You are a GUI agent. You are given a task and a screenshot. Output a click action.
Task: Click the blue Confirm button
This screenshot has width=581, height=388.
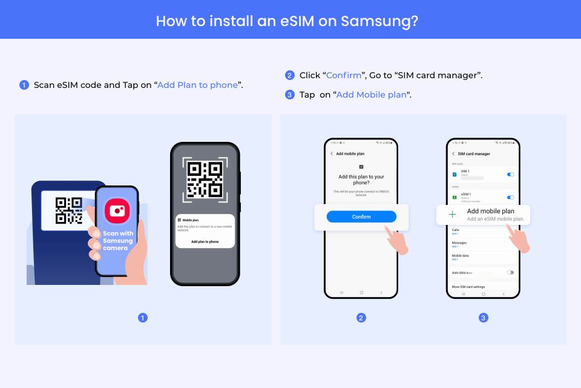pos(361,216)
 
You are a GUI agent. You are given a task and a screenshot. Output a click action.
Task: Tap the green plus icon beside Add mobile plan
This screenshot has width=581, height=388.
pos(452,215)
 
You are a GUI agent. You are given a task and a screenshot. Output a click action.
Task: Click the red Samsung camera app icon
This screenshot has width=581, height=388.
pos(117,211)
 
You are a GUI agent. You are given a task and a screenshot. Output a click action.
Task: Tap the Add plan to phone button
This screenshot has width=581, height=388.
pos(205,241)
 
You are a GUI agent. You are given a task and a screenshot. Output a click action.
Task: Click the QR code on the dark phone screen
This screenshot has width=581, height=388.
pos(205,179)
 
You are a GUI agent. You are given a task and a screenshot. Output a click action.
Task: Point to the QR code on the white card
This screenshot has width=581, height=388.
pos(68,210)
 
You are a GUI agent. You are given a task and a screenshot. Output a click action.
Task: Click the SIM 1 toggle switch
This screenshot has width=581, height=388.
pos(510,175)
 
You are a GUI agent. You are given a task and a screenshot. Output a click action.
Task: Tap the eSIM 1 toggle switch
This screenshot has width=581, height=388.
pos(510,197)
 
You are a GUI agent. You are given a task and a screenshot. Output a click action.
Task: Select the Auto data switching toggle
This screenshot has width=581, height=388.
pos(510,273)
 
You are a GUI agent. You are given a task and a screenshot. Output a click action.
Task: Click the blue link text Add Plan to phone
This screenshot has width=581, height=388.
pos(197,85)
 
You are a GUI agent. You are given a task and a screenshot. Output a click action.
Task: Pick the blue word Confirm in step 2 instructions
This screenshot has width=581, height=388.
pos(343,76)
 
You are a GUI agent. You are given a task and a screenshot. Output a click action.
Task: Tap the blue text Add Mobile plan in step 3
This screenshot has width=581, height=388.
pos(371,95)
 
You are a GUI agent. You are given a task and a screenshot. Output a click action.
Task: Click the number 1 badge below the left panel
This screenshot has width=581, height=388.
pos(143,318)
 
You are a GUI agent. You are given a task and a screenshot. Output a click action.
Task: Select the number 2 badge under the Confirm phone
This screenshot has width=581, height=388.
pos(361,318)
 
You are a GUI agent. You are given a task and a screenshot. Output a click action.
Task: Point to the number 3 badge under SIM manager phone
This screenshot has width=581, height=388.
pos(484,318)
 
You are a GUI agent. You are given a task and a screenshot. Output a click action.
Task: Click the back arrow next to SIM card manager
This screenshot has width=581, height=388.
pos(453,154)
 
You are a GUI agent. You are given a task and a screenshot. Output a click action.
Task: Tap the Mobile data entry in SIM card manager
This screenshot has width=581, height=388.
pos(461,256)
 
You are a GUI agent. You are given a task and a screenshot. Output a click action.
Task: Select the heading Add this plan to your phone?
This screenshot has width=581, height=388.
pos(361,179)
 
